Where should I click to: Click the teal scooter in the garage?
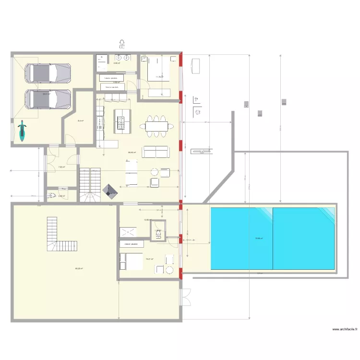click(21, 131)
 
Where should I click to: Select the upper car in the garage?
click(48, 73)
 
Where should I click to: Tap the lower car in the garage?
click(48, 99)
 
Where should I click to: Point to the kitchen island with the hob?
click(122, 121)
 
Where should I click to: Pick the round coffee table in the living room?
click(155, 171)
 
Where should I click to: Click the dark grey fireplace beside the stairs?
click(111, 191)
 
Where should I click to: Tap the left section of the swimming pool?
click(241, 238)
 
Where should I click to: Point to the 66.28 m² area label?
click(79, 269)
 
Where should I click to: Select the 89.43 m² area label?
click(132, 153)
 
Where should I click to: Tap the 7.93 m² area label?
click(61, 167)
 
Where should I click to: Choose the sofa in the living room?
click(155, 152)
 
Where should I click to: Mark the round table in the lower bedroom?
click(168, 260)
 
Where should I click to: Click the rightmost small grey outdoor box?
click(284, 102)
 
